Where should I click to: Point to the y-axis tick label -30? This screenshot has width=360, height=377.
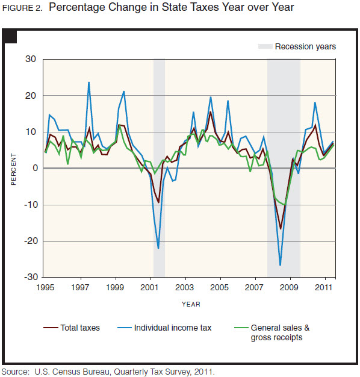tap(29, 278)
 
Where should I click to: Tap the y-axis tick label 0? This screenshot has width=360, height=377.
tap(34, 168)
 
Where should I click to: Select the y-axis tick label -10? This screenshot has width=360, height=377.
tap(29, 205)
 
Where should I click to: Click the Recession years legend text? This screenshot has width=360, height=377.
tap(305, 46)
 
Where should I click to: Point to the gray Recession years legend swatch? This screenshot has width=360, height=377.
tap(265, 46)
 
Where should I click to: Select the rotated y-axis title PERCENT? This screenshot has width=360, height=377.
tap(13, 168)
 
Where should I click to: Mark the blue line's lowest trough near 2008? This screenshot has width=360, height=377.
tap(281, 265)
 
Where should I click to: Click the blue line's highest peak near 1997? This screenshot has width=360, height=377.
tap(89, 83)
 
